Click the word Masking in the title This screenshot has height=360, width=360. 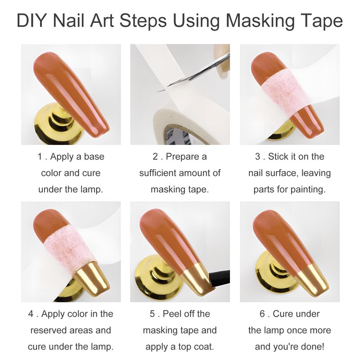(x=260, y=21)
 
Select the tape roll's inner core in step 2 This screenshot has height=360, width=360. (x=184, y=135)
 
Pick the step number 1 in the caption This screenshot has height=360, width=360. (x=40, y=157)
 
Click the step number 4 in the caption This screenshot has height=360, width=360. (x=31, y=314)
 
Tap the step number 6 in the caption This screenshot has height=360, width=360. (x=262, y=314)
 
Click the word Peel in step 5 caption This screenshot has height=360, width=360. (x=171, y=314)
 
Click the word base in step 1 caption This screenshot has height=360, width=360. (x=94, y=157)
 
